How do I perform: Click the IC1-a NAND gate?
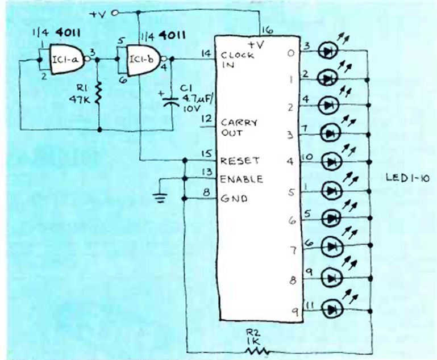point(66,58)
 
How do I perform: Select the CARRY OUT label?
point(239,127)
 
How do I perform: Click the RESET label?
point(240,160)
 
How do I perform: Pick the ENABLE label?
point(242,179)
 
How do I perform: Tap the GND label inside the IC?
point(232,199)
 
